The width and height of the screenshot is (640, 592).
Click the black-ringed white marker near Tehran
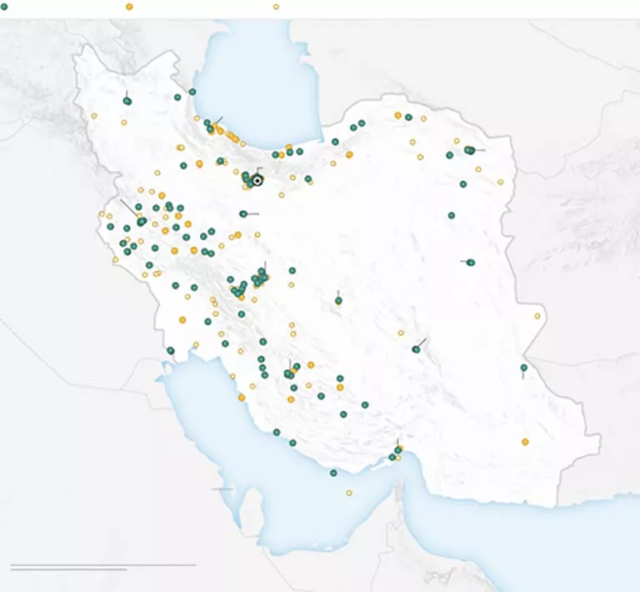tap(257, 180)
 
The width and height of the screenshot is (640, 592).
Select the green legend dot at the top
tap(4, 7)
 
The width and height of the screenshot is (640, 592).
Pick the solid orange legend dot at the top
tap(129, 7)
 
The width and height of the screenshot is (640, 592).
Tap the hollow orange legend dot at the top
tap(276, 7)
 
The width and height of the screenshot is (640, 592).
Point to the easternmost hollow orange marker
tap(537, 316)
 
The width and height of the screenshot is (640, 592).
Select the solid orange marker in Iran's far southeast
tap(525, 442)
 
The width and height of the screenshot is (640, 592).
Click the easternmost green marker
tap(524, 368)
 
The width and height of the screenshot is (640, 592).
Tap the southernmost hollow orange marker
tap(349, 493)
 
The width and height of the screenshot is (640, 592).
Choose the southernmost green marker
tap(333, 473)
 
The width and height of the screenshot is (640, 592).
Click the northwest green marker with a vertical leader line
tap(127, 101)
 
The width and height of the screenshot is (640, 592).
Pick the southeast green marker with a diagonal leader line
tap(416, 349)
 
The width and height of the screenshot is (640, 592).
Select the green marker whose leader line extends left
tap(471, 263)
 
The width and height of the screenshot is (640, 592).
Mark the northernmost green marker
tap(192, 92)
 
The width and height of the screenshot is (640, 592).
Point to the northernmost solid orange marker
tap(397, 115)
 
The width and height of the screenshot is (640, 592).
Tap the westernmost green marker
tap(110, 226)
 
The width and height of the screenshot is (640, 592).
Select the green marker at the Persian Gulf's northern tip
tap(170, 350)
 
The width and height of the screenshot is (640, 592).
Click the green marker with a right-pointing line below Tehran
tap(243, 214)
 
